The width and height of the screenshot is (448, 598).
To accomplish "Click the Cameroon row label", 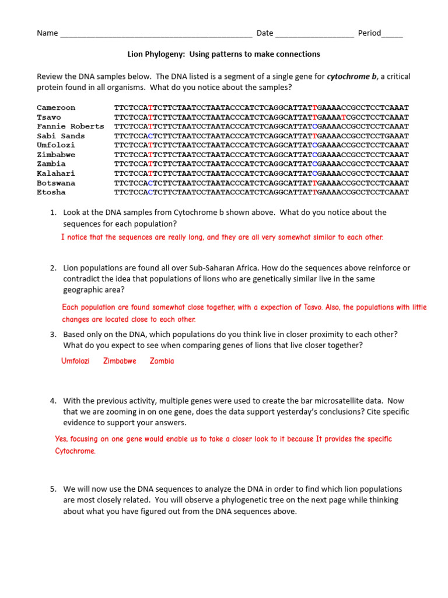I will pos(56,107).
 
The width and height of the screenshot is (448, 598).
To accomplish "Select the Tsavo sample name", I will pos(48,117).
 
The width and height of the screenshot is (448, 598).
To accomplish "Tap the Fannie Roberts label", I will pos(70,126).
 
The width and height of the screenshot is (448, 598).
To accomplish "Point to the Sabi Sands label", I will pos(61,136).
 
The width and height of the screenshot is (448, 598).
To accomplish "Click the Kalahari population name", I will pos(56,173).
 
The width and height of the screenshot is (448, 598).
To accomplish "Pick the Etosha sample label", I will pos(51,192).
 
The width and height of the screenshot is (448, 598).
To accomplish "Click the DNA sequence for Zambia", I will pos(261,164).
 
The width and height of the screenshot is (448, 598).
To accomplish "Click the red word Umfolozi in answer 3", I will pos(75,361).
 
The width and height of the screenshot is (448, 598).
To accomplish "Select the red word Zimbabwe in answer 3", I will pos(120,361).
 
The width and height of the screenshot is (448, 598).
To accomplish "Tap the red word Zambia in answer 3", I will pos(162,361).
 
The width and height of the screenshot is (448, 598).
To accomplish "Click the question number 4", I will pos(52,401).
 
